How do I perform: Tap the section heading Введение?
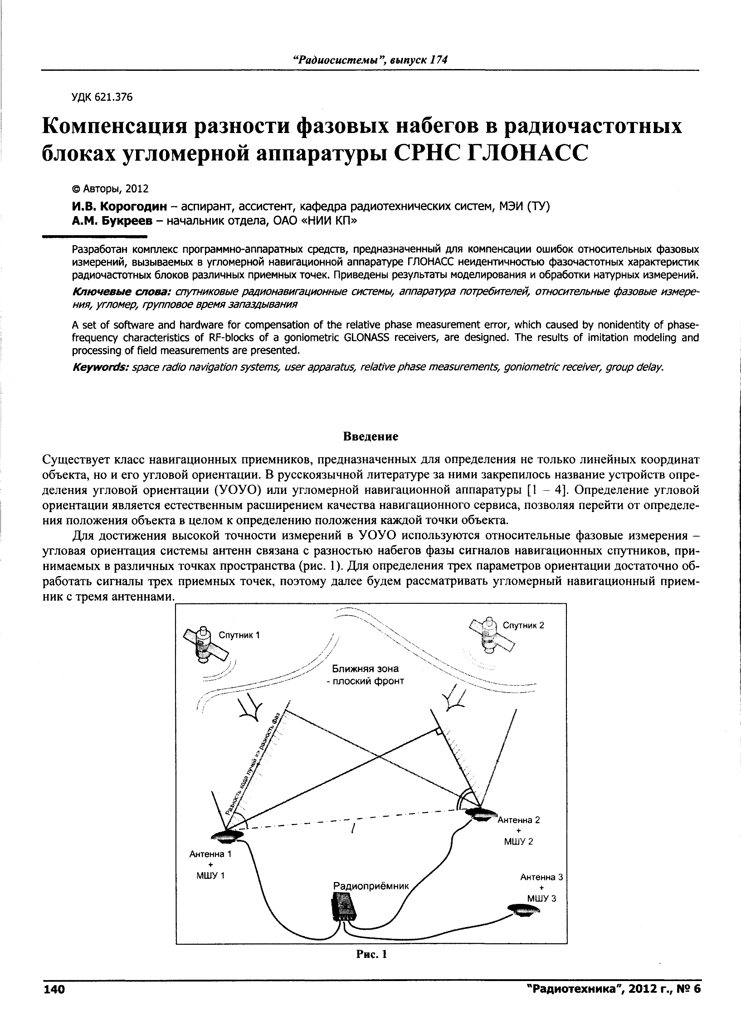point(370,436)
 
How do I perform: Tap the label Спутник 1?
point(239,635)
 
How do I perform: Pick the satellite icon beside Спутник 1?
point(204,644)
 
